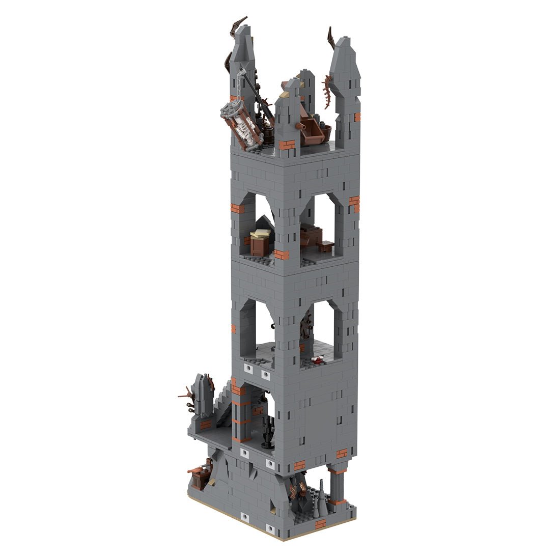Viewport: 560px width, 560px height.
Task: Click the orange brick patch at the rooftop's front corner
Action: tap(287, 145)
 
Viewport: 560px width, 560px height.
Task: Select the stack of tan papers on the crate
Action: tap(261, 235)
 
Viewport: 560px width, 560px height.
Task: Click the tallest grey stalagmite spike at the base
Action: tap(321, 491)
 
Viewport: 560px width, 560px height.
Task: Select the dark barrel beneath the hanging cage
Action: tap(267, 135)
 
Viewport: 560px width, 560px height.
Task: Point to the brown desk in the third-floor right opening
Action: tap(312, 237)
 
